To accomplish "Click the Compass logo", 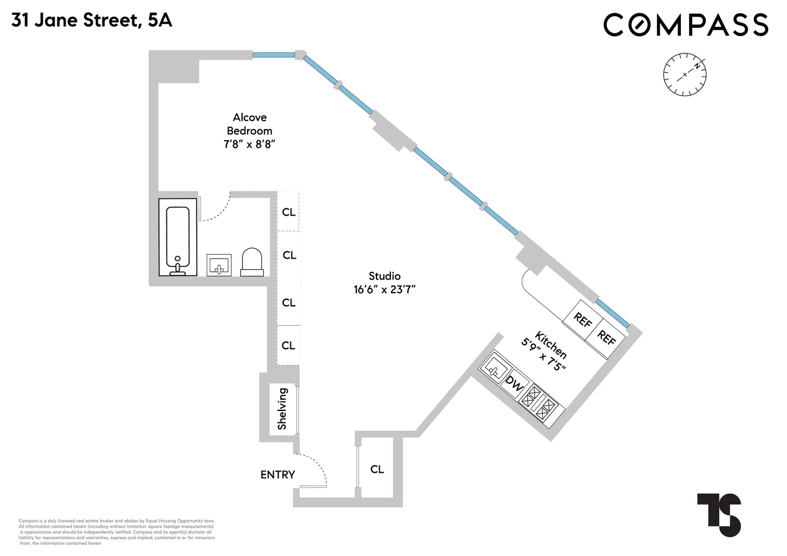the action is click(686, 25).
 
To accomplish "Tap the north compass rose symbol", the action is click(685, 75).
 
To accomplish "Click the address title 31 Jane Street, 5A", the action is click(92, 21).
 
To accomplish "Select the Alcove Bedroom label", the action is click(250, 124).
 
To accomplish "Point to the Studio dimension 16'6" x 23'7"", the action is click(385, 290).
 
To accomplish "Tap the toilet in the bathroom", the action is click(252, 262).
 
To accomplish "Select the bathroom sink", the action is click(219, 265).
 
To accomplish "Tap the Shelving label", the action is click(282, 409).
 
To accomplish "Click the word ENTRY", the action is click(278, 475).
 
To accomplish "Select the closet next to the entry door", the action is click(377, 469).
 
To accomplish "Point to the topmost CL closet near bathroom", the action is click(289, 212).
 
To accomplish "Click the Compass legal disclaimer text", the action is click(117, 532).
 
